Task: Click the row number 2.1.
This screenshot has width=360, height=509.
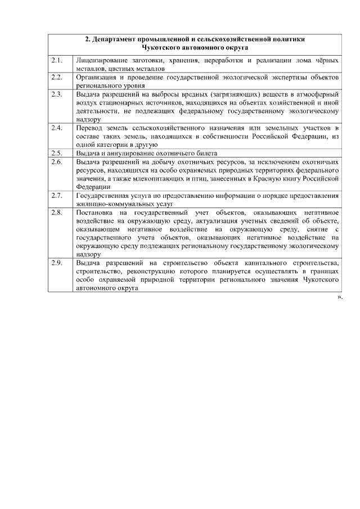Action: click(56, 60)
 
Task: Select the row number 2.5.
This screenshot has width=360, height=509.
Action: click(56, 152)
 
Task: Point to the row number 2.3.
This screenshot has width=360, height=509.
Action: click(56, 93)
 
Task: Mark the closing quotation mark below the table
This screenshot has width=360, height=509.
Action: click(339, 296)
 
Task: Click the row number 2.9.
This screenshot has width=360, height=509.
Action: click(56, 263)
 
